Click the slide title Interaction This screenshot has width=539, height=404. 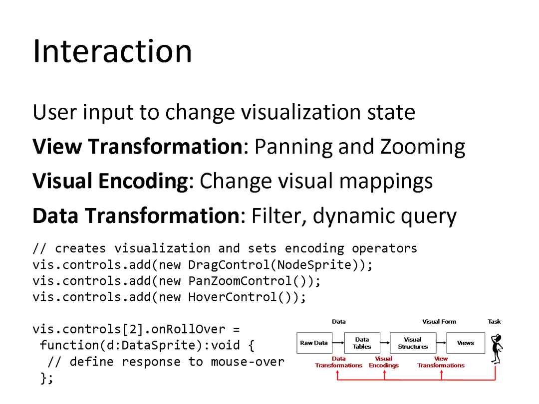click(112, 51)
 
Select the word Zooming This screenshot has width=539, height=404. click(423, 147)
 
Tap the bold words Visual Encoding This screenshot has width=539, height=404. click(110, 181)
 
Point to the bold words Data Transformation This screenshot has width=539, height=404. click(136, 216)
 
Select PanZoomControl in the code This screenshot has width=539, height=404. click(240, 281)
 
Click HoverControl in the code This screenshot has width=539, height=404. click(233, 297)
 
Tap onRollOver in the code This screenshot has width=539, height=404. click(188, 329)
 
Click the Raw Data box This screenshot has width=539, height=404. click(314, 343)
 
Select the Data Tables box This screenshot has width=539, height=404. click(362, 343)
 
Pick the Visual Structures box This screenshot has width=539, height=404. click(413, 343)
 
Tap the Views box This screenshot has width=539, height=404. click(466, 343)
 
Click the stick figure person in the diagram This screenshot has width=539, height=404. click(497, 349)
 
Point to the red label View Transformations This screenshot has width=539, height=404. click(441, 362)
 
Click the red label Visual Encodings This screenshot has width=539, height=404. click(384, 362)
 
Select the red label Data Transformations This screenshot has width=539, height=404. click(338, 362)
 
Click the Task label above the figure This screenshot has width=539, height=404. click(494, 322)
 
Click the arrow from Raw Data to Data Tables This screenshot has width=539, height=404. click(338, 343)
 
